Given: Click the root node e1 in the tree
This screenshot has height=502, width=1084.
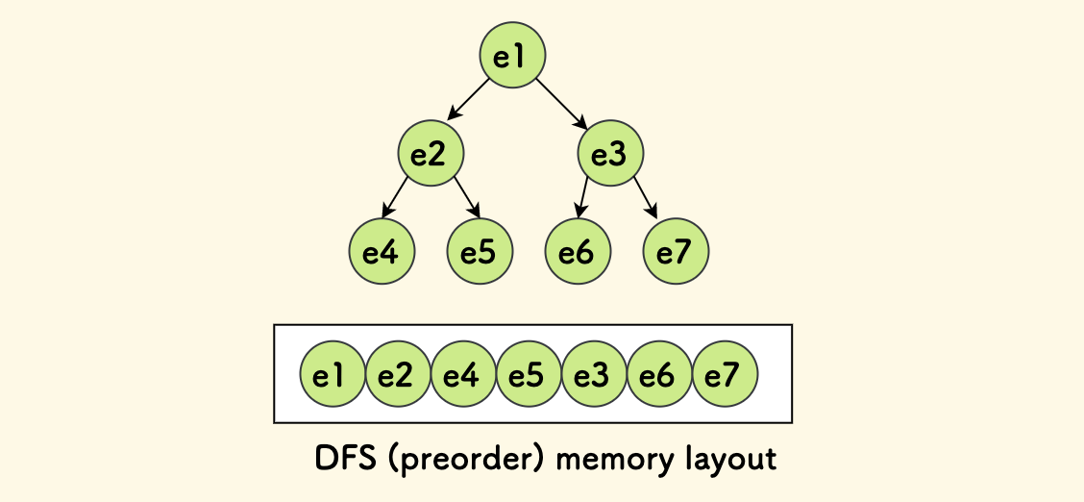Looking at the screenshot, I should [x=513, y=56].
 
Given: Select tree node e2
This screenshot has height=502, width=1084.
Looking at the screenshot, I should [x=431, y=154].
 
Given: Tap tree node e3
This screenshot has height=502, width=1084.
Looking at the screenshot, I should [x=610, y=154].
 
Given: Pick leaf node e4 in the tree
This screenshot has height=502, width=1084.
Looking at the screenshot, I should [x=382, y=252].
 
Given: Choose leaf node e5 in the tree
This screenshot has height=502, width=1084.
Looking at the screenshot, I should [x=480, y=252].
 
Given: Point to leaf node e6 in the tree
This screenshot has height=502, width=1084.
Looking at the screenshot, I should [x=578, y=252].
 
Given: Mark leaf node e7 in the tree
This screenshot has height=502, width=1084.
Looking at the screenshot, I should [x=676, y=252].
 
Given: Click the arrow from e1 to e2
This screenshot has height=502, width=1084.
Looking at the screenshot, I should [x=469, y=99].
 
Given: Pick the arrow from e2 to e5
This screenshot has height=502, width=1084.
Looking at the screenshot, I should [x=466, y=197].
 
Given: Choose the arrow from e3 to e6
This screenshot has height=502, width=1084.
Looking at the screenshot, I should [x=582, y=197].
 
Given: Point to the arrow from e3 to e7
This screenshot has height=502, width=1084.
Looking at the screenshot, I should [x=646, y=197].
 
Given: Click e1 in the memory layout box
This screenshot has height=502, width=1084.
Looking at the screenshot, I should [x=333, y=374].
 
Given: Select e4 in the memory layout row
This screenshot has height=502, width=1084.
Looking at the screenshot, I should [x=463, y=374].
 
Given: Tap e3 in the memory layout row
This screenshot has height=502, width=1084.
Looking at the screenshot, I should [x=594, y=374].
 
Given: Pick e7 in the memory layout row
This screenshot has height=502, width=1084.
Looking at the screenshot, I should [x=725, y=374].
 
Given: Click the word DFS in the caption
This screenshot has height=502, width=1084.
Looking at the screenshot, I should [x=345, y=458].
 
